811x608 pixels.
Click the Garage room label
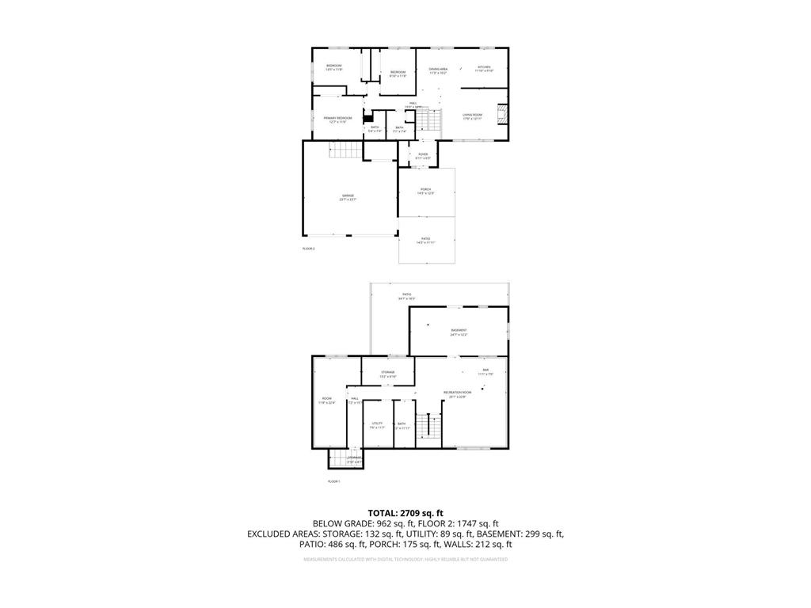pyautogui.click(x=348, y=196)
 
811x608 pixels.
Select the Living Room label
pyautogui.click(x=473, y=116)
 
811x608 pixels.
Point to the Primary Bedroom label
pyautogui.click(x=337, y=120)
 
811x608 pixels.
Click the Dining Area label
pyautogui.click(x=439, y=70)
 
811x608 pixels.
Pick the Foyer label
pyautogui.click(x=423, y=155)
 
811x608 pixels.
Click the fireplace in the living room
pyautogui.click(x=501, y=115)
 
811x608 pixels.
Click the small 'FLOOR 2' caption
pyautogui.click(x=309, y=249)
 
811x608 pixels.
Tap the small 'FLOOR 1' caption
pyautogui.click(x=333, y=481)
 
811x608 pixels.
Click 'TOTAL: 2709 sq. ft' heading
pyautogui.click(x=405, y=513)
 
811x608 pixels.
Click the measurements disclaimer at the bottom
pyautogui.click(x=405, y=560)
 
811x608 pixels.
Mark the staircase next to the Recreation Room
pyautogui.click(x=431, y=427)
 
